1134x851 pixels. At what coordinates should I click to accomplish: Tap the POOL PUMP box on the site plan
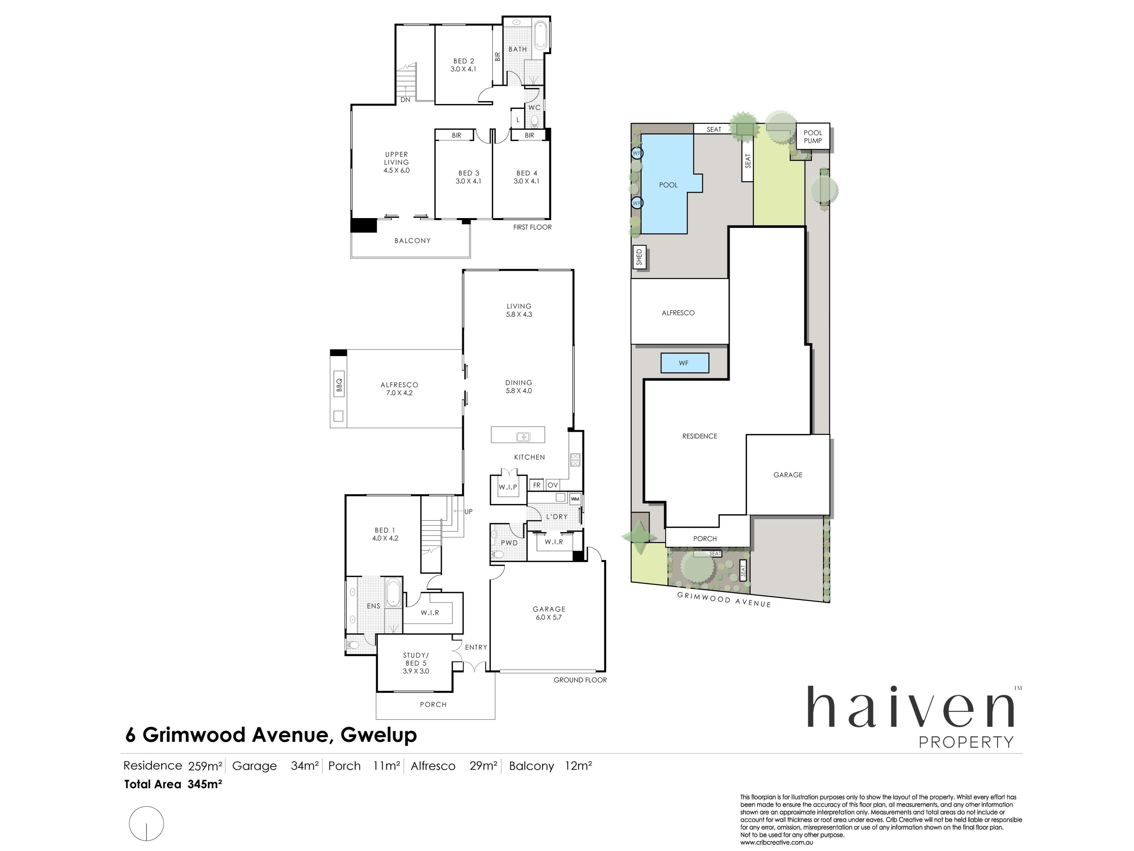(x=813, y=137)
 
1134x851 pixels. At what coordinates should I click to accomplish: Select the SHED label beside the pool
(x=639, y=257)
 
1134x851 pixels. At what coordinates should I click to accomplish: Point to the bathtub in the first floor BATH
(x=540, y=35)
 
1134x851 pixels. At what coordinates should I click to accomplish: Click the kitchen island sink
(x=523, y=436)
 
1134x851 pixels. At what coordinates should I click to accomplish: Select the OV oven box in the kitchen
(x=552, y=485)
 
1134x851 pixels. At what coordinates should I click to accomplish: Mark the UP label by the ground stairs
(x=468, y=511)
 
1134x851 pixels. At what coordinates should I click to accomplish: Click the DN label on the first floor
(x=405, y=100)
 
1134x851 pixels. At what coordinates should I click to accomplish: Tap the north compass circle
(x=146, y=823)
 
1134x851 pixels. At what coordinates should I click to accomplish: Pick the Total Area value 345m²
(x=205, y=784)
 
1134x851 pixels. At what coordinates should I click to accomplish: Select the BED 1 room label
(x=385, y=530)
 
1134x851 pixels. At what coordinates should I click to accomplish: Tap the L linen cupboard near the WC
(x=518, y=119)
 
